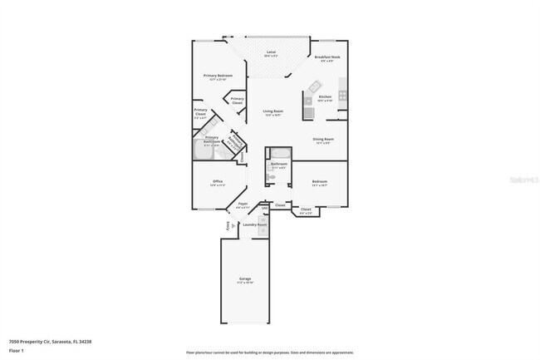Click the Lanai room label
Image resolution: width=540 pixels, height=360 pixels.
tap(271, 52)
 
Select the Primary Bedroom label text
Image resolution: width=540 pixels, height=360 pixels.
tap(218, 76)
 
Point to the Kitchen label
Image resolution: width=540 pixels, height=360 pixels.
tap(326, 96)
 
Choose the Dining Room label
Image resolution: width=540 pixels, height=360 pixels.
tap(323, 139)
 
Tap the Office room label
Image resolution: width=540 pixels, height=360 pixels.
tap(217, 180)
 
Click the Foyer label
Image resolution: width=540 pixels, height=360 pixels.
tap(243, 203)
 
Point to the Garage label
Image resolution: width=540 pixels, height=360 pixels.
tap(246, 279)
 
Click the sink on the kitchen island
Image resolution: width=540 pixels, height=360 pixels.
tap(315, 86)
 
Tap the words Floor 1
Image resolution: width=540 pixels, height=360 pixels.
tap(17, 351)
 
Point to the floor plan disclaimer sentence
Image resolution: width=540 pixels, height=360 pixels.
tap(269, 352)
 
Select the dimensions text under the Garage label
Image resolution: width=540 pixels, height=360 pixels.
tap(246, 283)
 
